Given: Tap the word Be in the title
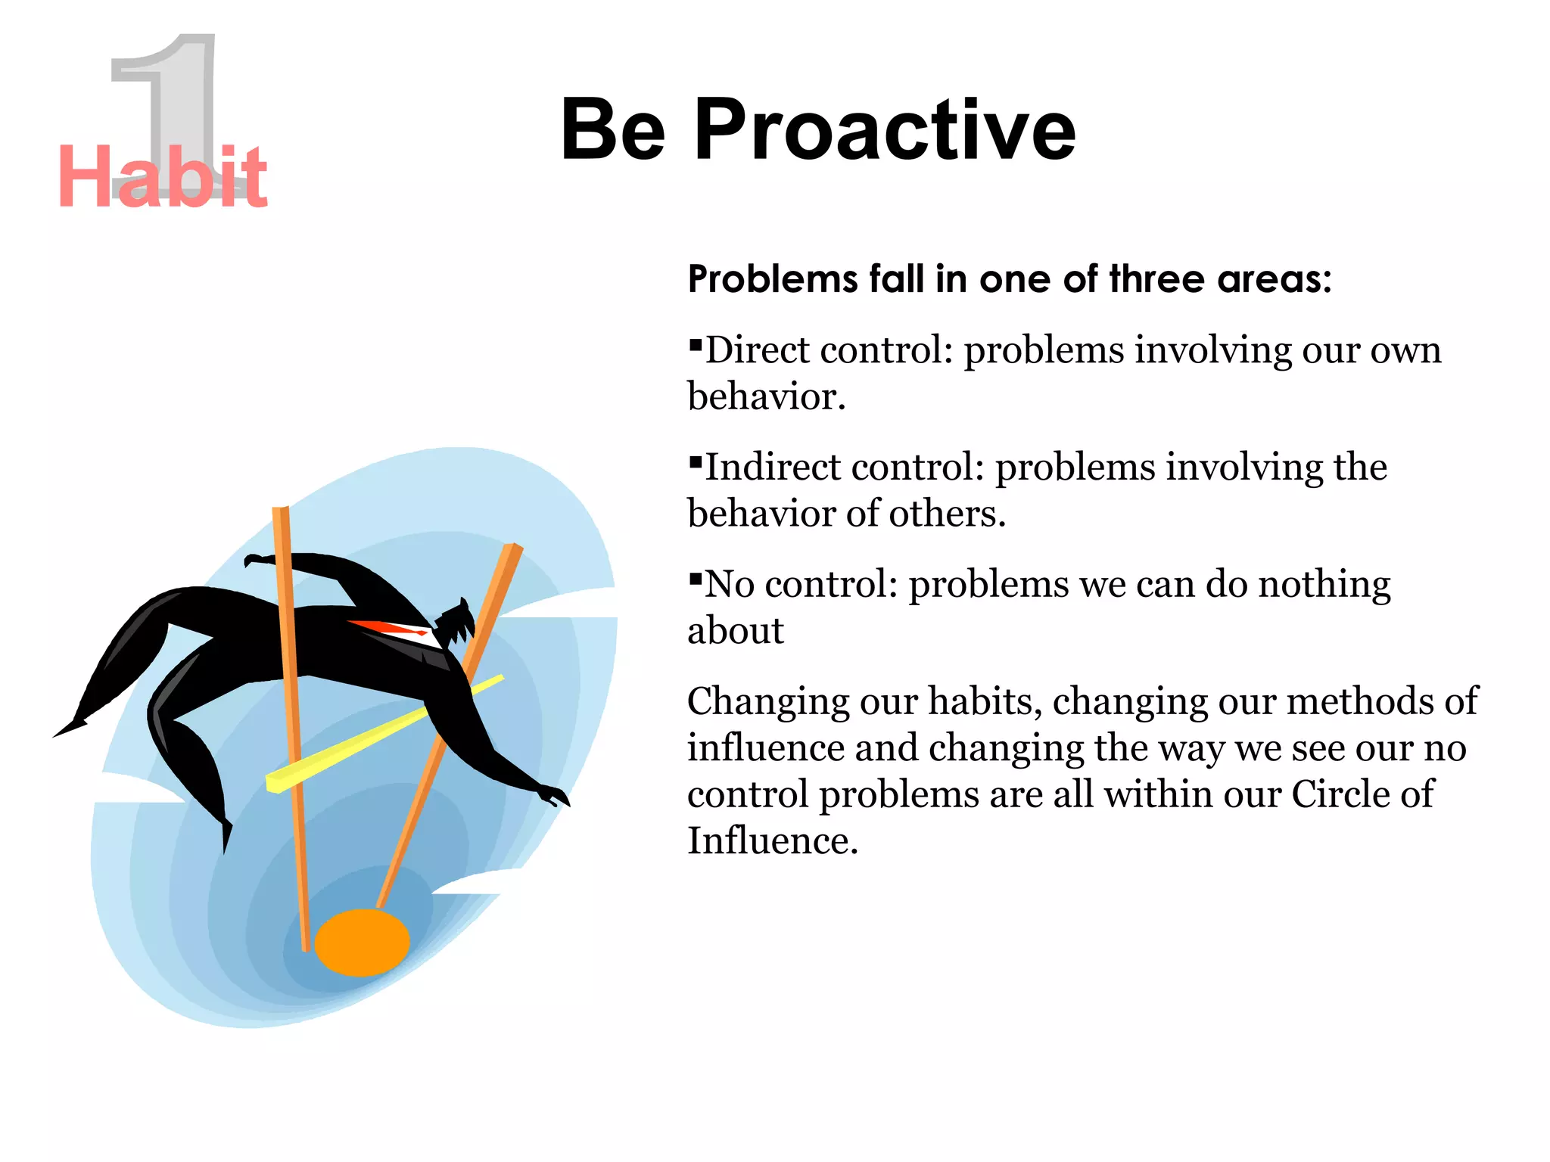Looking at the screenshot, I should point(613,130).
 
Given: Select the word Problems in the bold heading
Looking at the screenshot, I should point(772,279).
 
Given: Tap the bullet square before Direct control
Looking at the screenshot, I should point(696,346).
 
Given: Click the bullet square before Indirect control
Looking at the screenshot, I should point(696,462).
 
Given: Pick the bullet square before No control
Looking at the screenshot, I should point(696,579).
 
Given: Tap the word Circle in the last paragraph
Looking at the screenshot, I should point(1343,794).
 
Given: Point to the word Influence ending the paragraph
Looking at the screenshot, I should point(772,840).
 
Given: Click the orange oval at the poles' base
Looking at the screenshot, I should point(362,943).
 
